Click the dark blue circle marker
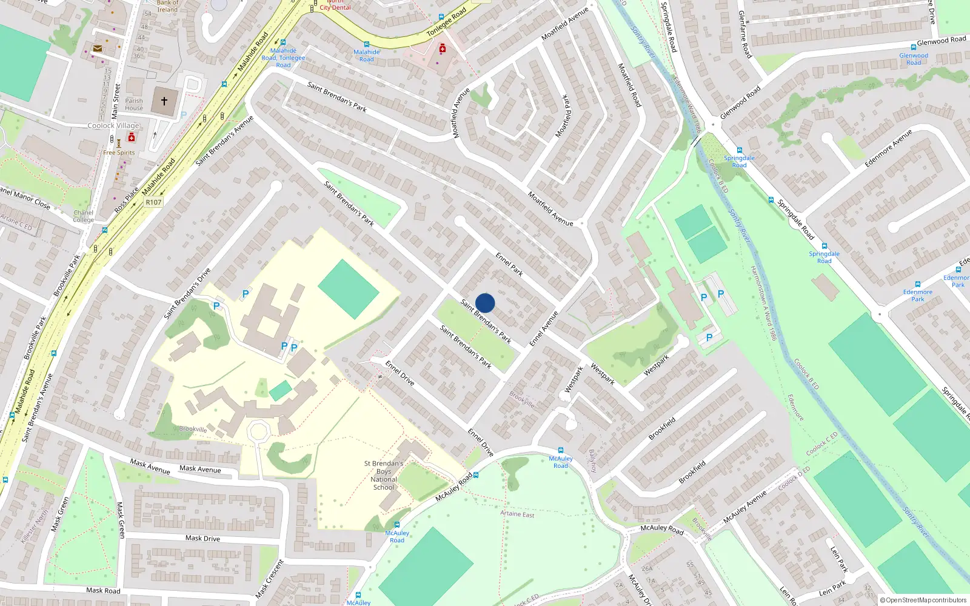485,303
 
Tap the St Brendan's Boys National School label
384,475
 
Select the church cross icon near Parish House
164,101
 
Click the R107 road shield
153,202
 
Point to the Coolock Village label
113,125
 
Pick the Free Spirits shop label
119,153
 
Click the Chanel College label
84,216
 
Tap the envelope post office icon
98,48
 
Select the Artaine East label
517,514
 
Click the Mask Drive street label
202,538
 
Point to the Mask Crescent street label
270,579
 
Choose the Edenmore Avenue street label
888,148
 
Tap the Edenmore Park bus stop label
918,295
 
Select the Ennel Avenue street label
544,328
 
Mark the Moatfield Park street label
563,116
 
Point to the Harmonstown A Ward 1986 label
763,303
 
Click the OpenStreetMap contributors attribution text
923,600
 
